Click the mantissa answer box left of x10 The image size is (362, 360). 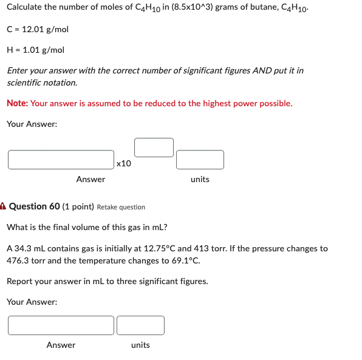click(61, 160)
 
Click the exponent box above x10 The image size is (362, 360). click(154, 147)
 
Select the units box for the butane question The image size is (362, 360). click(200, 160)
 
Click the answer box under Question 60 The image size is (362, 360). click(61, 325)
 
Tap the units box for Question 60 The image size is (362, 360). click(140, 325)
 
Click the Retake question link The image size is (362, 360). click(121, 207)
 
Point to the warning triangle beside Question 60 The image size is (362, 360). click(3, 206)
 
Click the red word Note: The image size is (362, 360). click(17, 103)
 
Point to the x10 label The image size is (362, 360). click(123, 163)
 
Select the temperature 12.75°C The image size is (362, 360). click(159, 248)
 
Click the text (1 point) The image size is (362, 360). click(78, 206)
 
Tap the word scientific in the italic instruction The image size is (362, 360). click(25, 83)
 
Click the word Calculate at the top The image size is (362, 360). click(26, 8)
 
